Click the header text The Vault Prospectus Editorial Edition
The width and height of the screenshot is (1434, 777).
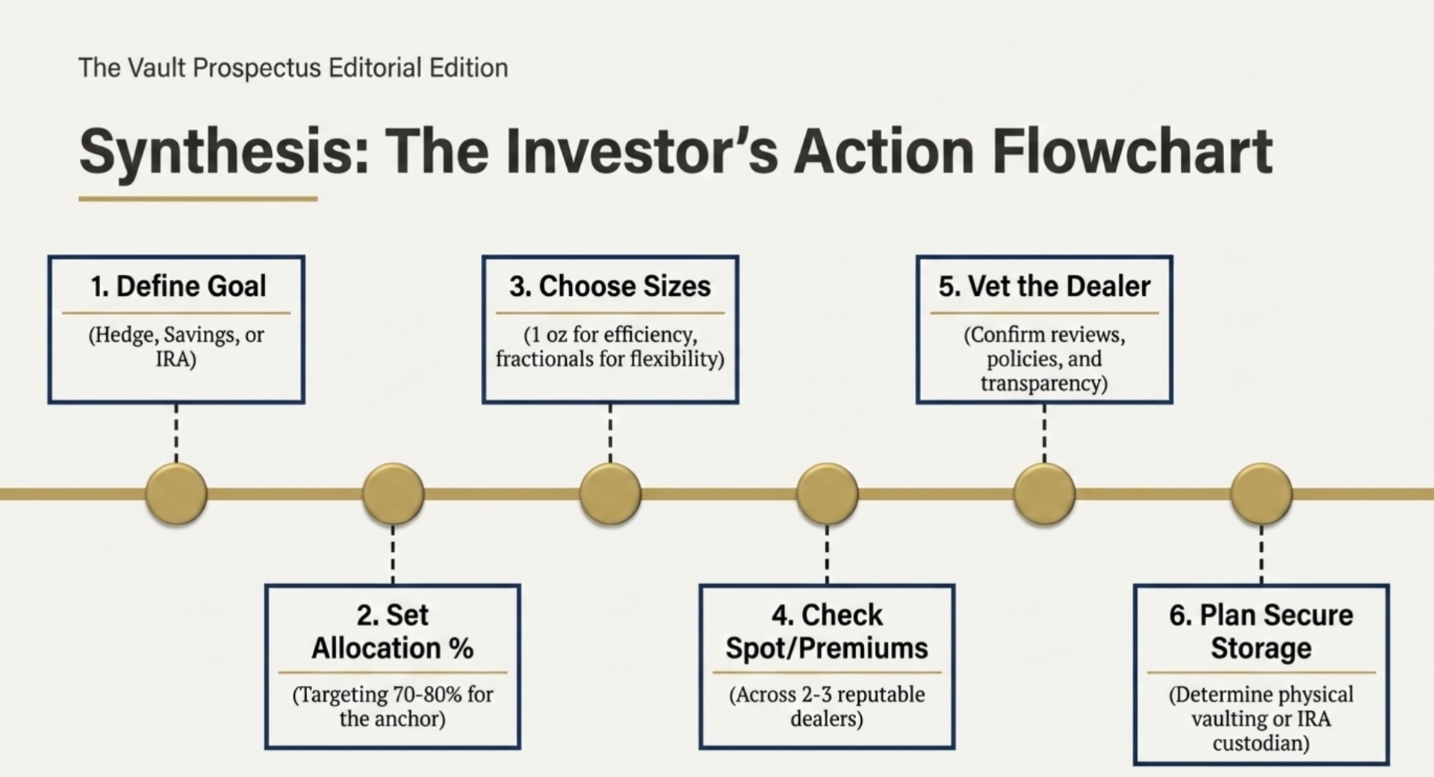[x=293, y=68]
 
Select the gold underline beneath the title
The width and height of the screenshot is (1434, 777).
[x=198, y=199]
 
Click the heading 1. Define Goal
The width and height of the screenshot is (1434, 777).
[x=178, y=286]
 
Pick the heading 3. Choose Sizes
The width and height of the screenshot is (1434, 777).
[x=609, y=286]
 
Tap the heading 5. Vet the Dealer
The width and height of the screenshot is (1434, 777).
[x=1044, y=286]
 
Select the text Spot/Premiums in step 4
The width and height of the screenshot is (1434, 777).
[x=827, y=648]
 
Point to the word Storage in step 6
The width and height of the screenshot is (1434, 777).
[x=1261, y=648]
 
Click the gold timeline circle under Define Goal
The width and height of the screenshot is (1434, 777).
[x=176, y=493]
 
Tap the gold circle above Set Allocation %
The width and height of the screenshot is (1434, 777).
[x=393, y=493]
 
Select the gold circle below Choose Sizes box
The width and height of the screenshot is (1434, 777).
[x=610, y=493]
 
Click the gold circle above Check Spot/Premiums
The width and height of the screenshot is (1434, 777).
[x=827, y=493]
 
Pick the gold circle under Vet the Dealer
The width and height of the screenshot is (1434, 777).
[x=1044, y=493]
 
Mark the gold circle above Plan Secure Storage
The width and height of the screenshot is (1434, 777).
[x=1261, y=493]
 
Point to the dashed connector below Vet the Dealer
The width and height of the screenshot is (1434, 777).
[x=1044, y=433]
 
